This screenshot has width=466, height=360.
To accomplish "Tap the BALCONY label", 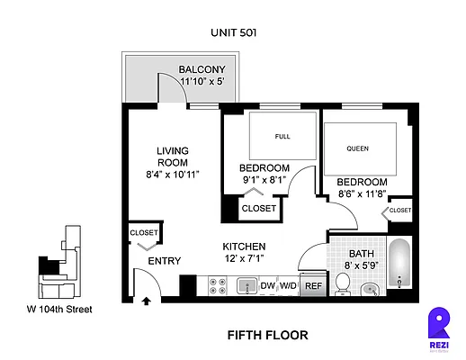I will pos(208,70).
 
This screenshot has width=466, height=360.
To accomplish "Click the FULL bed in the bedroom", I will pos(282,137).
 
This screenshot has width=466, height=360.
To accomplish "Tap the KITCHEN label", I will pos(243,247).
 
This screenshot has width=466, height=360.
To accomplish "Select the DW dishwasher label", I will pos(267,286).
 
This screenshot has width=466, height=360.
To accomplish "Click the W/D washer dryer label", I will pos(288,286).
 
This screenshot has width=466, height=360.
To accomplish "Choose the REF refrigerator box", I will pos(313,286).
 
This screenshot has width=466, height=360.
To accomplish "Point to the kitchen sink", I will pos(246,286).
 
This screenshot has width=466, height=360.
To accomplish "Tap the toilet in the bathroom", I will pos(342,283).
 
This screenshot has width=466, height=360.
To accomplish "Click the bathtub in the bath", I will pos(399,265).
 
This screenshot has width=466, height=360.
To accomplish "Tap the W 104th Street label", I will pos(58,310).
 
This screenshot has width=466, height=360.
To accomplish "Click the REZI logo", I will pos(439,325).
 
